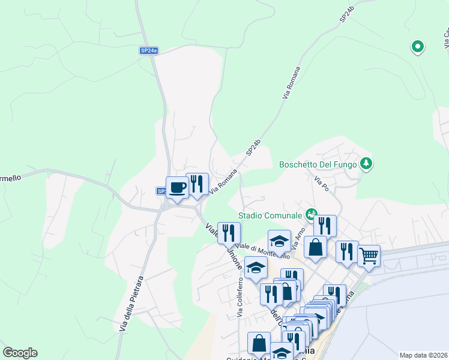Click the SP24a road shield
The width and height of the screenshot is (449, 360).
[x=148, y=51]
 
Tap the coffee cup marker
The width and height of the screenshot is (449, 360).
[x=177, y=188]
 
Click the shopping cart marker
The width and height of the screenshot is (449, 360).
[x=369, y=256]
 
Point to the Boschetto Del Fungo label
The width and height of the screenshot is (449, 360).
[x=318, y=164]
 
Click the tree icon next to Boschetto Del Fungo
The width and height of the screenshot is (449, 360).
[x=366, y=163]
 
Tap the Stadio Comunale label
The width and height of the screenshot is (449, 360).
[x=271, y=215]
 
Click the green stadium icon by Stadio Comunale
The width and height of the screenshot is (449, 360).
[x=310, y=213]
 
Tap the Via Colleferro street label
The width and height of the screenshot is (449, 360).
[x=240, y=298]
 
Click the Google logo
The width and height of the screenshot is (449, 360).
[x=20, y=353]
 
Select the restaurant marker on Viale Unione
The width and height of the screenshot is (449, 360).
[x=229, y=233]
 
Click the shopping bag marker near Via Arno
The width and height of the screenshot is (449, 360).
[x=315, y=247]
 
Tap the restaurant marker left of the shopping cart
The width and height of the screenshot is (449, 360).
[x=347, y=252]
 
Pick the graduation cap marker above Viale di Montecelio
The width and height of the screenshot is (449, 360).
[x=279, y=241]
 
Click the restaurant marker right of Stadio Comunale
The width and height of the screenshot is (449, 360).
[x=325, y=226]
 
